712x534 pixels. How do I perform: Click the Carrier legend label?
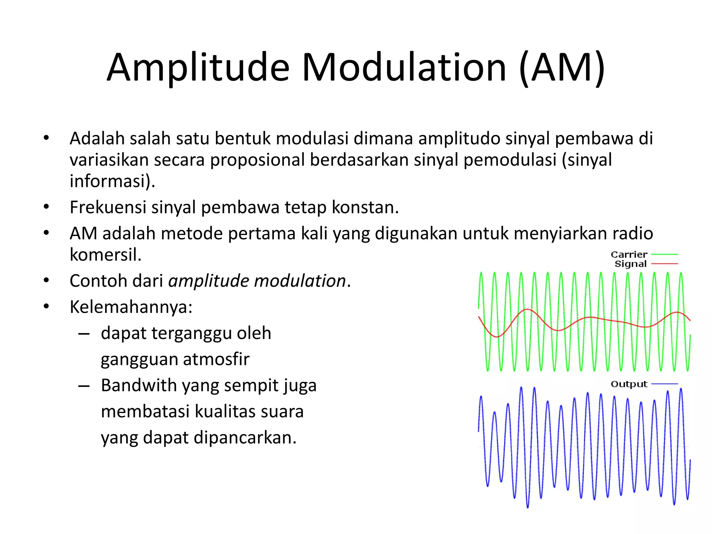629,254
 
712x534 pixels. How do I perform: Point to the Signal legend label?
631,264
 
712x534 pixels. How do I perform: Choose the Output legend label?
629,384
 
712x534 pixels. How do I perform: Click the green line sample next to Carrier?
664,254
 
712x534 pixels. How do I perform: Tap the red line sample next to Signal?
664,264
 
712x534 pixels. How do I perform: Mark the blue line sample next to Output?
664,384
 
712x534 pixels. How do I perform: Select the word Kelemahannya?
131,307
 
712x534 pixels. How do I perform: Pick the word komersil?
105,255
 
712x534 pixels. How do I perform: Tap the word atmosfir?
216,359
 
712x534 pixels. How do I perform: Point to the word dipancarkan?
245,438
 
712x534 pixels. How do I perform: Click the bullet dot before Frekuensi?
46,207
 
